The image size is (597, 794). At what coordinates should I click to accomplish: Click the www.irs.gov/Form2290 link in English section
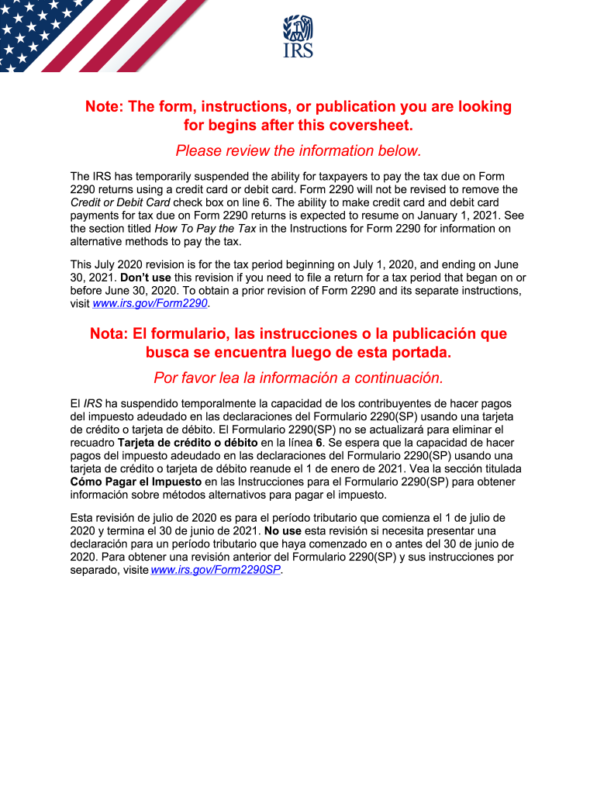pos(150,304)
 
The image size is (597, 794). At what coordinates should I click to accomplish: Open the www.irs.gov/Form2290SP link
pos(216,570)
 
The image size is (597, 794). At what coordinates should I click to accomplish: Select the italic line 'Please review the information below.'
pos(298,150)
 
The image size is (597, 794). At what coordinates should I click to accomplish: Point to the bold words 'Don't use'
pos(146,278)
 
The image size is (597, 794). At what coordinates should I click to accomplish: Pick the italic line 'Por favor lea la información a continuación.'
pos(298,378)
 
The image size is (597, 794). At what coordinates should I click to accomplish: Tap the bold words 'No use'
pos(283,530)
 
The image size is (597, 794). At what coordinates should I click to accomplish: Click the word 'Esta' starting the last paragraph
pos(83,517)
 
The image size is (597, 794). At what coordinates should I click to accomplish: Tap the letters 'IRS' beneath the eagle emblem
pos(298,51)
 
